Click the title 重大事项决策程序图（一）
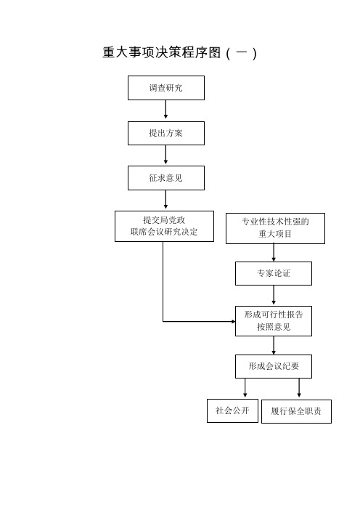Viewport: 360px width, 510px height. (x=180, y=53)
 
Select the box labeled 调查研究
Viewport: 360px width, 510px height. (x=166, y=88)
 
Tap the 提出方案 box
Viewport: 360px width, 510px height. (x=166, y=134)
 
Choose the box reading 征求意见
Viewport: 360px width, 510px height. (x=166, y=178)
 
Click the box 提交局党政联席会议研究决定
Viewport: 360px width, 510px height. (x=164, y=227)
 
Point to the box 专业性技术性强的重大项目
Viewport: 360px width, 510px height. (x=275, y=228)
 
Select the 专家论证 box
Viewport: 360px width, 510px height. (x=274, y=274)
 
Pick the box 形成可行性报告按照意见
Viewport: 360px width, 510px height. (x=274, y=321)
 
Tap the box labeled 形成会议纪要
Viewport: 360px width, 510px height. (x=274, y=367)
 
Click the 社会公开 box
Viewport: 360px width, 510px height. (x=233, y=410)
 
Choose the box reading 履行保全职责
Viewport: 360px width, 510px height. (x=296, y=411)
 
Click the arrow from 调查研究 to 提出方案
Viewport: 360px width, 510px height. (x=165, y=109)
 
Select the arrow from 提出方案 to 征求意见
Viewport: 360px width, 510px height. (x=165, y=155)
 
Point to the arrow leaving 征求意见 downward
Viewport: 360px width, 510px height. (x=165, y=199)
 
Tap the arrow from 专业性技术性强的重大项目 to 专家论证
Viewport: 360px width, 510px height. (x=274, y=252)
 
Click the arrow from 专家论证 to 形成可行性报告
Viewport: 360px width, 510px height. (x=274, y=295)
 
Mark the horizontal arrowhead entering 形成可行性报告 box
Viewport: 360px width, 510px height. (x=233, y=321)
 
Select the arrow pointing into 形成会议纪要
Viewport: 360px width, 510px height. (x=274, y=345)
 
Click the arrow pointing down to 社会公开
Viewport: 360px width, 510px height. (x=245, y=388)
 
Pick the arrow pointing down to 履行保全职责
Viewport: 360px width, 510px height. (x=299, y=388)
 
